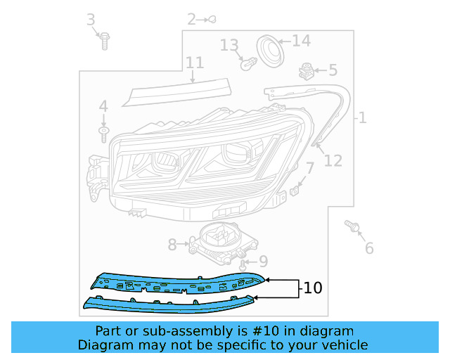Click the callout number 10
(x=313, y=288)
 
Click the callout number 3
(x=91, y=20)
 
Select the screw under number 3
(x=104, y=41)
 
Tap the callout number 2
(x=191, y=19)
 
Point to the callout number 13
(x=229, y=46)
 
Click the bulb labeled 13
(x=247, y=64)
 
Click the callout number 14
(x=301, y=41)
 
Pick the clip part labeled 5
(x=307, y=70)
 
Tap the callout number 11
(x=195, y=63)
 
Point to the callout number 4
(x=103, y=107)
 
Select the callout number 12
(x=333, y=161)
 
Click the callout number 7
(x=309, y=169)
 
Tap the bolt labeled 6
(x=354, y=226)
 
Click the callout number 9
(x=263, y=262)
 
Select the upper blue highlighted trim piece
(x=176, y=284)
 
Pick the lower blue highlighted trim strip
(x=169, y=304)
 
